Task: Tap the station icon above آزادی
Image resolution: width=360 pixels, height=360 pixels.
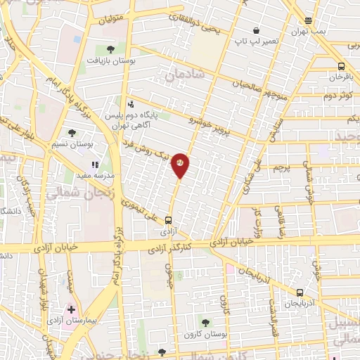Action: pyautogui.click(x=168, y=219)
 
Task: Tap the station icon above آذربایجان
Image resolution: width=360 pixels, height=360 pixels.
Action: pyautogui.click(x=300, y=292)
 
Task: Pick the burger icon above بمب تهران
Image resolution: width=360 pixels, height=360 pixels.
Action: pyautogui.click(x=308, y=21)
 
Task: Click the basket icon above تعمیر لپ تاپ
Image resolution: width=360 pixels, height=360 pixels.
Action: pyautogui.click(x=257, y=31)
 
